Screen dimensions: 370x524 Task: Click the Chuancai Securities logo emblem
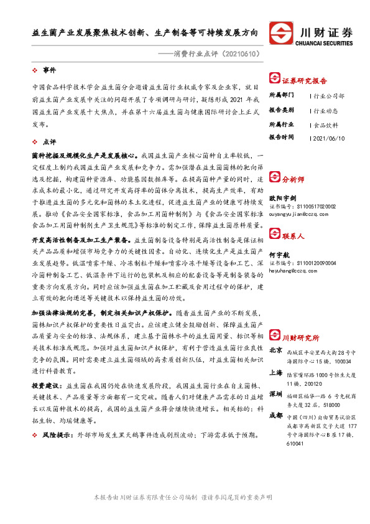(x=281, y=33)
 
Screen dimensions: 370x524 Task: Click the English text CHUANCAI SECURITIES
(x=326, y=44)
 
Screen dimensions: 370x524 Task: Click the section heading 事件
(x=49, y=70)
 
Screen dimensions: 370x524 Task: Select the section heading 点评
(x=49, y=141)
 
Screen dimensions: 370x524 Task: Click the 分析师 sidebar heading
(x=293, y=179)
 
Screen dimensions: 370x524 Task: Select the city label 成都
(x=277, y=415)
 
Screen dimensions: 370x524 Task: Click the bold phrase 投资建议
(x=46, y=385)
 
